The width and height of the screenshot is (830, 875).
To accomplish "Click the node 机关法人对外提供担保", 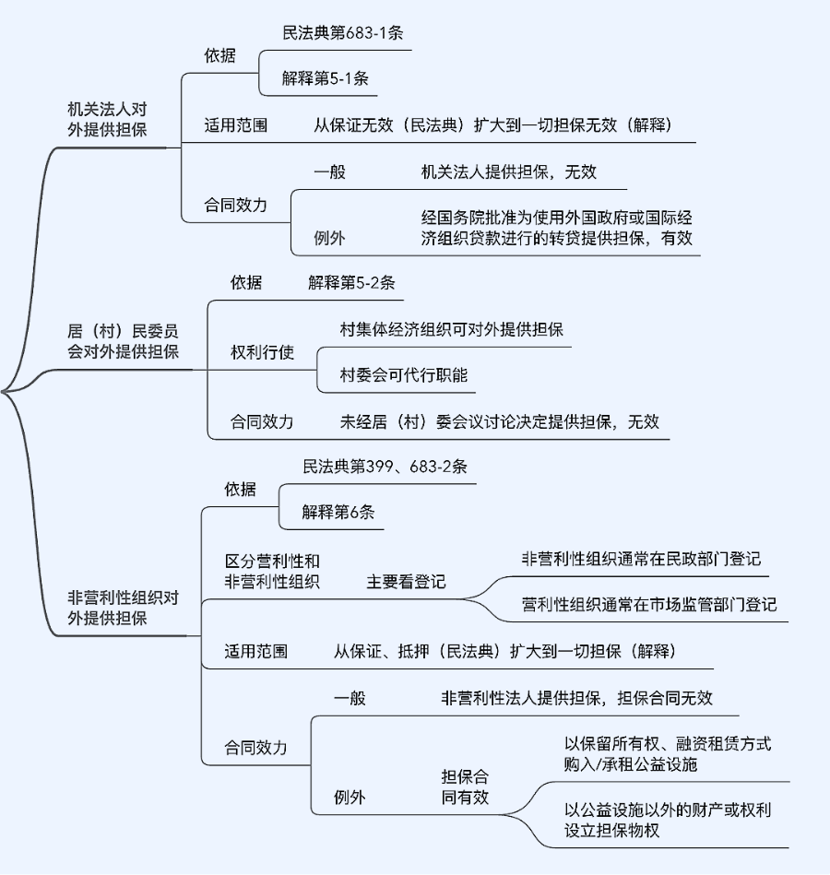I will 107,119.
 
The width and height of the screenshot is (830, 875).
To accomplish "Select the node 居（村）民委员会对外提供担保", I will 123,340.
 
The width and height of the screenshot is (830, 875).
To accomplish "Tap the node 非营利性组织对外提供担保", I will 123,608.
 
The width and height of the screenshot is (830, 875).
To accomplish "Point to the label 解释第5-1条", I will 326,78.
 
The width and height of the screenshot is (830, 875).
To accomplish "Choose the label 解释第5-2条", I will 351,282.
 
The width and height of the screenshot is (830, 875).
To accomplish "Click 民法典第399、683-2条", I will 385,467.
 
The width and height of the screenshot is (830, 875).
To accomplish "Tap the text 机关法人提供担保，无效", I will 509,171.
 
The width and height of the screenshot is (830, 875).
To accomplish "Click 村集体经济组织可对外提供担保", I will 452,329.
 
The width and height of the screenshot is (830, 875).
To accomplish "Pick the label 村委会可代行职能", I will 404,375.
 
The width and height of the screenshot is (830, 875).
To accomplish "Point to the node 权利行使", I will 262,352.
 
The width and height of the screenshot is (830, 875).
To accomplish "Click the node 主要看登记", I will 406,582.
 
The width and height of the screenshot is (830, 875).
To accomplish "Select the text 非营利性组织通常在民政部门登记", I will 641,559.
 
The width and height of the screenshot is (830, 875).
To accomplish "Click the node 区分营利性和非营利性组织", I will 272,571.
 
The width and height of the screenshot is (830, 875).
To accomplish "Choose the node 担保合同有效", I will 465,786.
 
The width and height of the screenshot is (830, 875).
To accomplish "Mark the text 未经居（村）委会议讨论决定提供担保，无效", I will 500,421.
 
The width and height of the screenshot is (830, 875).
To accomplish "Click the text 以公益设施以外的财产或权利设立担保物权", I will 668,819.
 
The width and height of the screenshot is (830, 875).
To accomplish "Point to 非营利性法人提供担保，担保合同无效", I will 576,698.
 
